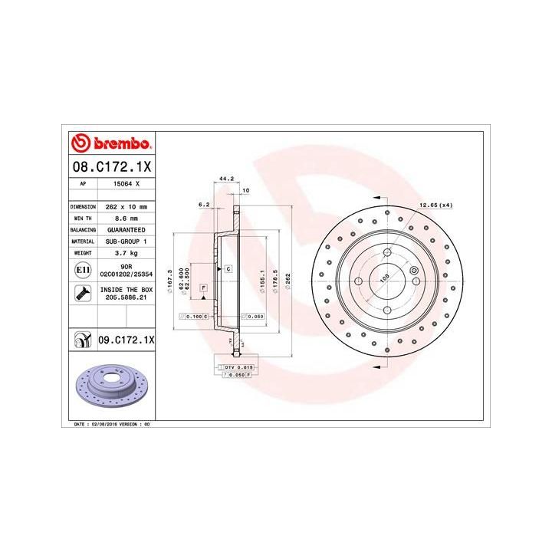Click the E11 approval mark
point(82,270)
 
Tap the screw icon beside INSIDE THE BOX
point(82,293)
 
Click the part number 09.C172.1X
point(127,339)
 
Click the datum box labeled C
point(228,270)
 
